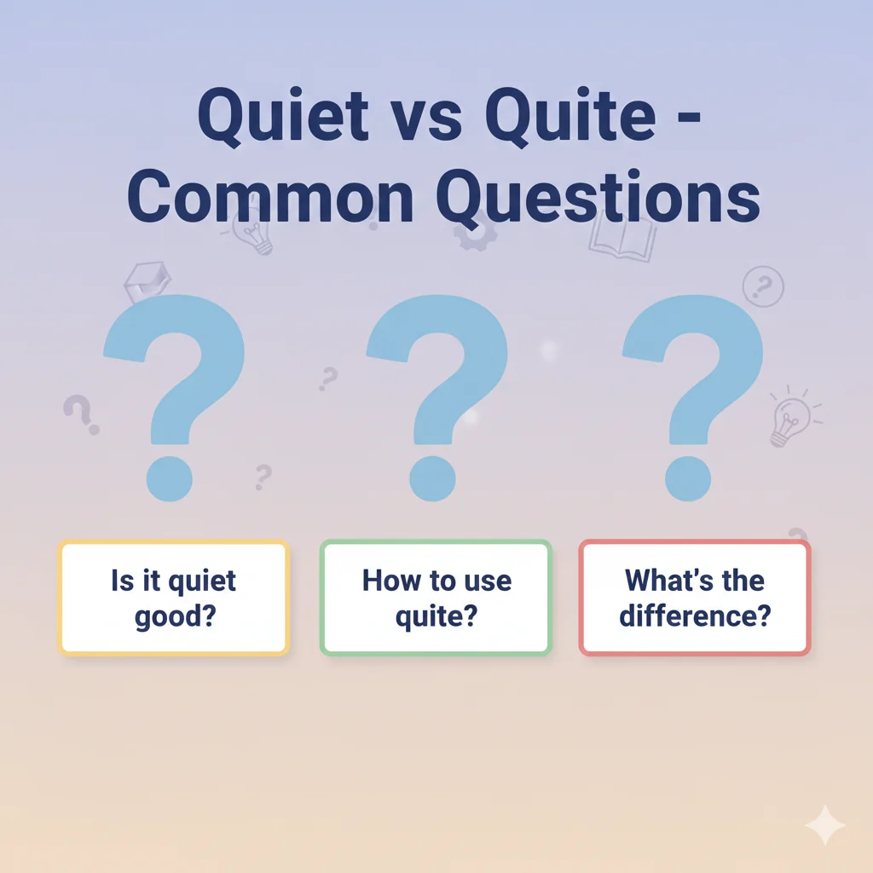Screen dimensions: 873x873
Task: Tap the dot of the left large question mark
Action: pos(168,477)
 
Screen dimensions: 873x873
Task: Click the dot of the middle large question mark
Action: pos(431,477)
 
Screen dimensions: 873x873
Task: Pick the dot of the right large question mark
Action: pos(687,477)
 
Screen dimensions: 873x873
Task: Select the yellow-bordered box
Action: pos(173,598)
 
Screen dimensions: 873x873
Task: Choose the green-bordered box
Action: pos(436,598)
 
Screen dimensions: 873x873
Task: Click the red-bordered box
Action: pos(695,598)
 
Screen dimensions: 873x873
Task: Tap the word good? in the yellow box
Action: pos(173,616)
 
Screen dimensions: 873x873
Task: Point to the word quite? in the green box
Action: pos(436,616)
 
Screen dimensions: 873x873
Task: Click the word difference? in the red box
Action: pos(695,616)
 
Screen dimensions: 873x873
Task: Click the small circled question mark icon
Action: pos(762,286)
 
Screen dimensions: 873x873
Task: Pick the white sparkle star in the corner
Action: pos(824,825)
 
